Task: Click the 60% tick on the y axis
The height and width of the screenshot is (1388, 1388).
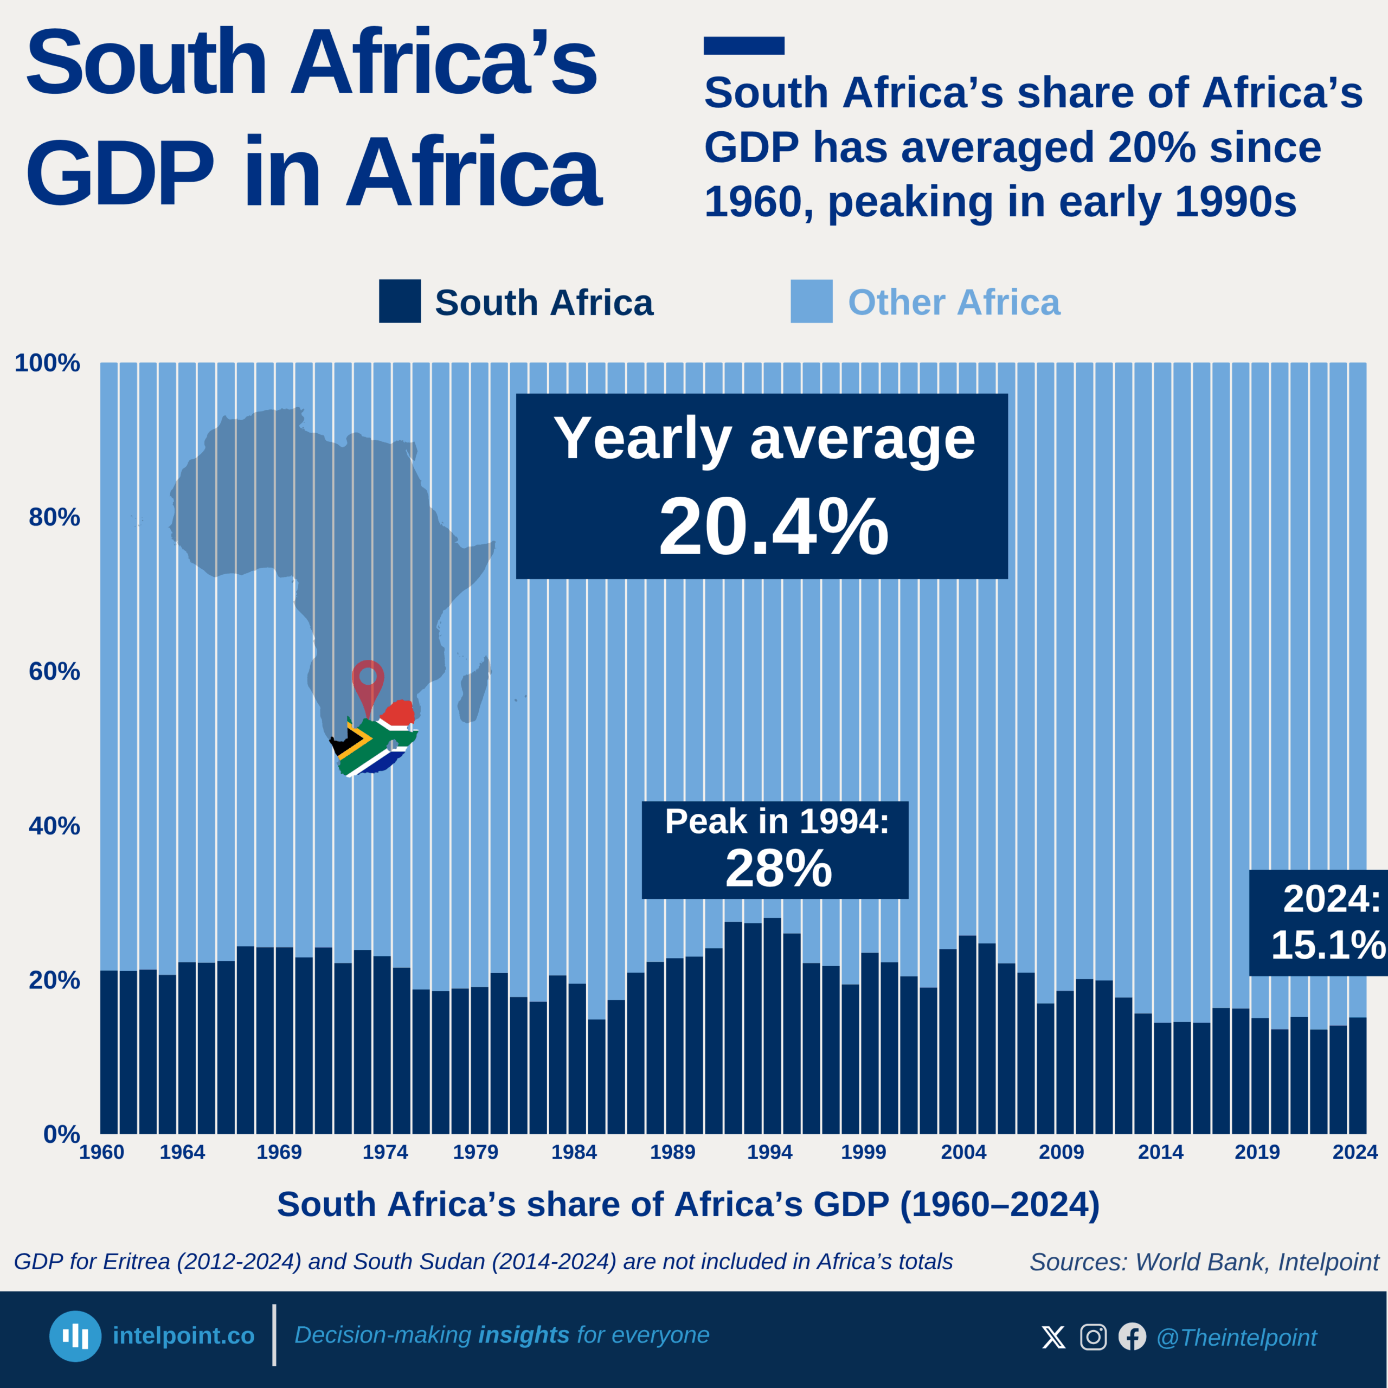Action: [x=54, y=671]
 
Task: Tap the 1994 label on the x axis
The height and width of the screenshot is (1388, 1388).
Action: [x=769, y=1152]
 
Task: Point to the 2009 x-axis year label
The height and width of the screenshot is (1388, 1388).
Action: [x=1061, y=1152]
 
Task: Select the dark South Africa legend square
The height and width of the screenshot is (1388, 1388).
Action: [x=400, y=301]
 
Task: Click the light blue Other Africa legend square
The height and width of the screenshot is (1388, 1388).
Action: [x=811, y=301]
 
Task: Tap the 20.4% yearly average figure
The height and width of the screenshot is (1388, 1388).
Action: [x=773, y=528]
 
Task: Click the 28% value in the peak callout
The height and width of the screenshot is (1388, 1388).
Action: [x=778, y=869]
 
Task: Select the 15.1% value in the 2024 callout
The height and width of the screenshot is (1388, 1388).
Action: [x=1328, y=944]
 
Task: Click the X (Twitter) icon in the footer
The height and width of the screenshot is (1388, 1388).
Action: [x=1053, y=1337]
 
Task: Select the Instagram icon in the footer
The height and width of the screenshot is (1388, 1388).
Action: [x=1093, y=1337]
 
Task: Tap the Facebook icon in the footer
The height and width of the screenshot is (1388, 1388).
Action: [x=1132, y=1337]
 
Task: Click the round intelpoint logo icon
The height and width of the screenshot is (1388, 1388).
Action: [x=75, y=1336]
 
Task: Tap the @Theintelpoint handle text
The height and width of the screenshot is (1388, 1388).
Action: [x=1236, y=1338]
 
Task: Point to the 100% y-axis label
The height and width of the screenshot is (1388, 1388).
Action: [x=47, y=363]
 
